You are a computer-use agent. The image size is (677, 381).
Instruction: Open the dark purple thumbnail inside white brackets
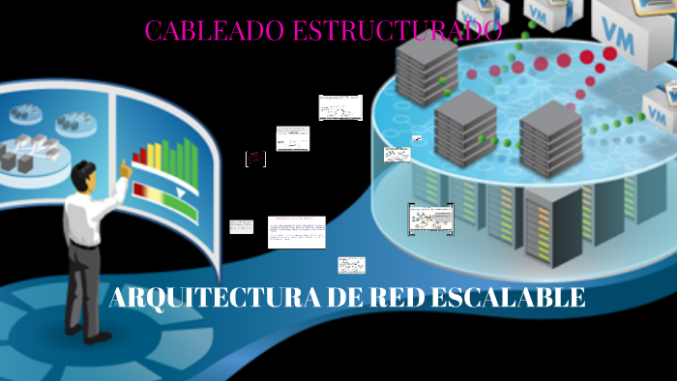[x=255, y=159]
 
